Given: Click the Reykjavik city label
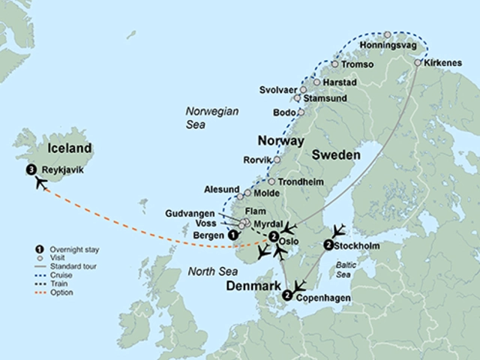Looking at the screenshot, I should point(63,170).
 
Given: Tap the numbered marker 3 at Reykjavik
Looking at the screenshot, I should point(31,169).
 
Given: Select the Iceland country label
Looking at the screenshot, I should point(69,148).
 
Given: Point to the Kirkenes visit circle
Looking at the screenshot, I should point(418,63).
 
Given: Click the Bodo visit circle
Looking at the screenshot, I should point(301,112).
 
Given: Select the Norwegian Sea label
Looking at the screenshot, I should point(212,118).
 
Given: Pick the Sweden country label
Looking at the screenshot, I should point(336,155).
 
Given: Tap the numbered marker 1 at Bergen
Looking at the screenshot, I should point(233,235).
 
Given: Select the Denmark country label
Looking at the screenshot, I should point(250,287).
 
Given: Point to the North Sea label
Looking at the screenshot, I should point(213,271).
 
